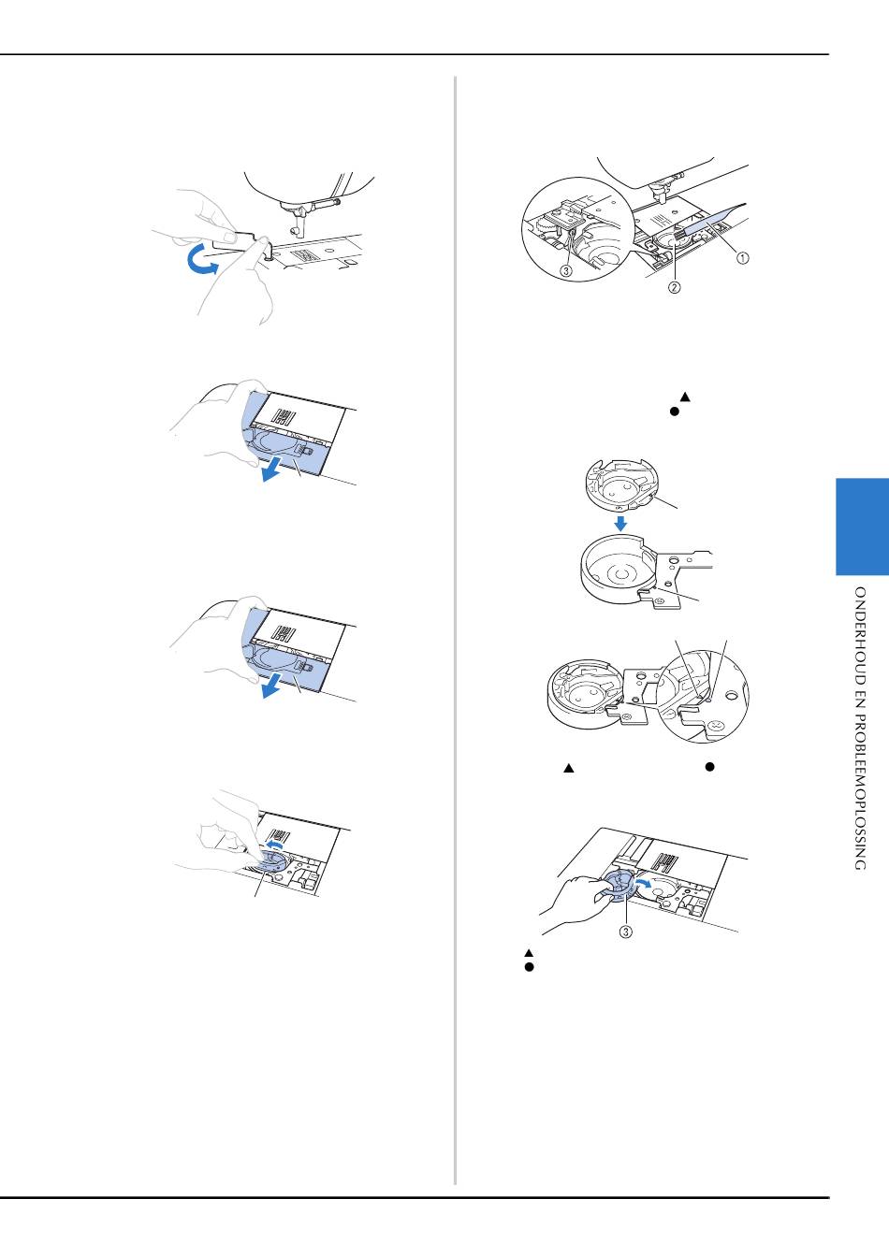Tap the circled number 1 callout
pyautogui.click(x=742, y=258)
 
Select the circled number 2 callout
pyautogui.click(x=674, y=287)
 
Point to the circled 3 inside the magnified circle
pyautogui.click(x=566, y=270)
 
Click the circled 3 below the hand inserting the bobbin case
pyautogui.click(x=626, y=932)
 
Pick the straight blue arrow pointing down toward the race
pyautogui.click(x=620, y=523)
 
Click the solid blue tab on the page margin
pyautogui.click(x=862, y=527)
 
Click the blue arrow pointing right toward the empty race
pyautogui.click(x=644, y=883)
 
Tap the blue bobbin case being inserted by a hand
pyautogui.click(x=617, y=885)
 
